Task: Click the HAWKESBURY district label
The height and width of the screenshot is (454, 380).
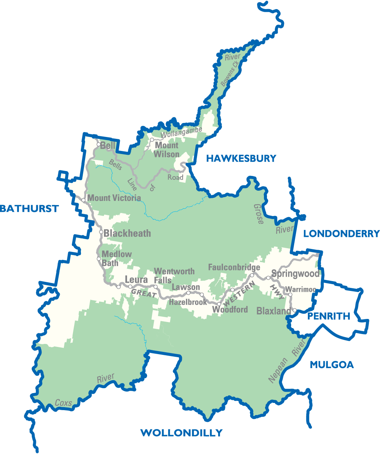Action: click(241, 159)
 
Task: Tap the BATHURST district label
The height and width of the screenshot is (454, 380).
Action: click(29, 208)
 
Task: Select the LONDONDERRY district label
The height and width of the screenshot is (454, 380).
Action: click(341, 234)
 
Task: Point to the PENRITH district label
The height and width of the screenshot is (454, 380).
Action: click(329, 316)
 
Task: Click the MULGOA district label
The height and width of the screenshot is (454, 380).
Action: click(332, 365)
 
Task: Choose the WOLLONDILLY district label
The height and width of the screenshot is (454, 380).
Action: click(181, 433)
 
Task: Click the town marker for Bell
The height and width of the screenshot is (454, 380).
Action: click(98, 145)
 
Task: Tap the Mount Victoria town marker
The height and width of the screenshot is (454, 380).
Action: click(83, 200)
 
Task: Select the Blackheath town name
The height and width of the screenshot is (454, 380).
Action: click(127, 233)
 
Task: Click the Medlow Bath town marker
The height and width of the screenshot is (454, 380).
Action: click(99, 259)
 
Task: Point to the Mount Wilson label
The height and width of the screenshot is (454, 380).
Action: click(167, 150)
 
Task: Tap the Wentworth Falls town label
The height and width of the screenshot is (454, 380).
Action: click(174, 275)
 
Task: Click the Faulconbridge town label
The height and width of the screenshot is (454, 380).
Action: click(234, 267)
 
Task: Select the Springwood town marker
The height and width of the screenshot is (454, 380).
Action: click(268, 278)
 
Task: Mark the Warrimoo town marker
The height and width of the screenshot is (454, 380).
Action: click(290, 294)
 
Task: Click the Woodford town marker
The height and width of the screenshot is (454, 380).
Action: click(219, 304)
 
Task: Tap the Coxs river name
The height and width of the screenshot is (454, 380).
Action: click(63, 403)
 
